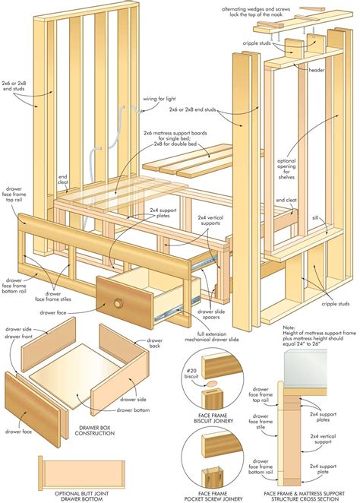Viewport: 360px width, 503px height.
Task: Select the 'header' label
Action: click(318, 70)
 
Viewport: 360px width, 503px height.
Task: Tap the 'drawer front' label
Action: click(18, 338)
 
